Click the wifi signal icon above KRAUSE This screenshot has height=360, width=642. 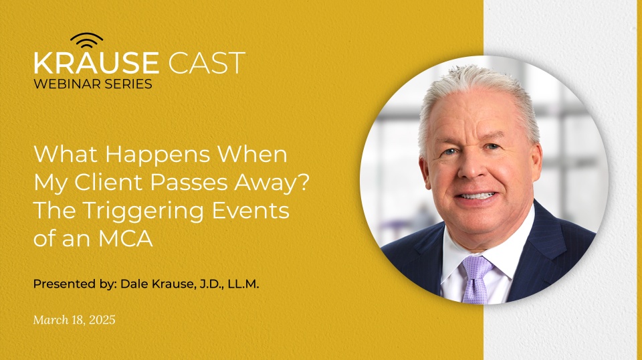coord(87,40)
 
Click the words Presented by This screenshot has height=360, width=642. coord(74,284)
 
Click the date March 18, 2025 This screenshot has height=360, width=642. coord(74,320)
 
